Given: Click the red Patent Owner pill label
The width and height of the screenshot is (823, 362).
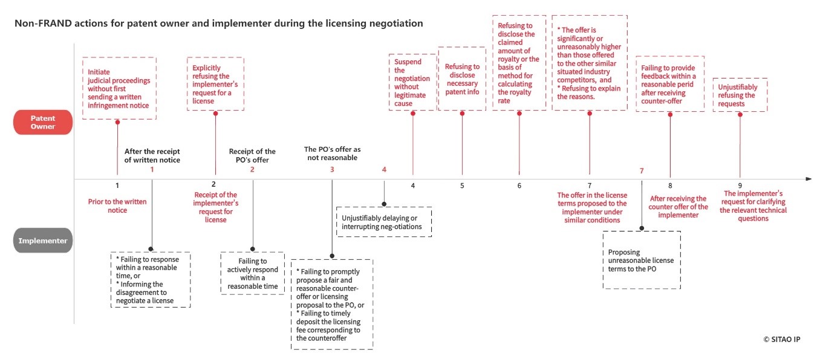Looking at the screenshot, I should point(43,123).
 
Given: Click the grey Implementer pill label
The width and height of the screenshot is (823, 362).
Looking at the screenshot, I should point(43,241).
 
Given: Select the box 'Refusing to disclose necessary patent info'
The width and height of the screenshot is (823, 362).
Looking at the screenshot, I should point(463,79).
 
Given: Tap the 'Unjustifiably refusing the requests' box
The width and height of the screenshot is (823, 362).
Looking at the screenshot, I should point(740,95).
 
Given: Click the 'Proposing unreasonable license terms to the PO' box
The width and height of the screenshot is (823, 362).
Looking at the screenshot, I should point(641,260).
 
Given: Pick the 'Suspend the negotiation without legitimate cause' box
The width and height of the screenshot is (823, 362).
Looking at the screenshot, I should point(412,82).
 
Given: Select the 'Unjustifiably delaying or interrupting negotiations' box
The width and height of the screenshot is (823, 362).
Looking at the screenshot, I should point(383,222).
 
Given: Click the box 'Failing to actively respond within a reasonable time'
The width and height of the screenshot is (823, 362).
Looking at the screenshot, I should point(253,273).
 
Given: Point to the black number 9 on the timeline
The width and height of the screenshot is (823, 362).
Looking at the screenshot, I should point(740,186).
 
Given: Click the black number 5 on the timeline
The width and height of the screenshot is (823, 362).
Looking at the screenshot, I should point(462,186).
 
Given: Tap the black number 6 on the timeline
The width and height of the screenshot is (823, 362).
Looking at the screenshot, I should point(519,186).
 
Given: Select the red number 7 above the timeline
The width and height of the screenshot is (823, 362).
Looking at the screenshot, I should point(642,170).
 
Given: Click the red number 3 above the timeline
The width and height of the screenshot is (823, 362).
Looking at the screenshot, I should point(332,169).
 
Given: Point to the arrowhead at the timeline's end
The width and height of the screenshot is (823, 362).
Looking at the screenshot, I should point(808,179).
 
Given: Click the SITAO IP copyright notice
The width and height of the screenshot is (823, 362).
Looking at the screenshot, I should point(781,339).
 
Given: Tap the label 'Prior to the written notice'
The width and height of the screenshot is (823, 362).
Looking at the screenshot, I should point(117,205).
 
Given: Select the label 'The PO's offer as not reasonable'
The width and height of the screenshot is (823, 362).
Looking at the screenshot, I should point(332,153).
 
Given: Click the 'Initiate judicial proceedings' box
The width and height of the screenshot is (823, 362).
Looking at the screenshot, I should point(119,88).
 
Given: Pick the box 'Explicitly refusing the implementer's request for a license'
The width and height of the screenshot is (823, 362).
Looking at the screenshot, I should point(215,84).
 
